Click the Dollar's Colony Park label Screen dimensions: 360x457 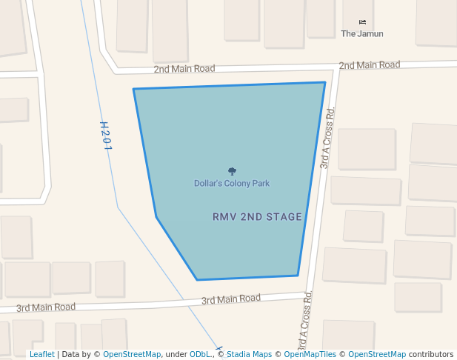[232, 183]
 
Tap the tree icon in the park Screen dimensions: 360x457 [232, 171]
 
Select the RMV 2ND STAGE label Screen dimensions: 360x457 [257, 217]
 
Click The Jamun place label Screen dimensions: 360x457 [361, 33]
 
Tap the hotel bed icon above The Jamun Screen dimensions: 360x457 [362, 21]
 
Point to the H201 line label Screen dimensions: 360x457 [106, 136]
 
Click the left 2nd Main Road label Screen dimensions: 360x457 [184, 69]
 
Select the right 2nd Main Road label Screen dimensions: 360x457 [369, 65]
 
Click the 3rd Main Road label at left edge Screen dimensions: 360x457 [46, 307]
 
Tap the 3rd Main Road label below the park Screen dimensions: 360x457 [231, 299]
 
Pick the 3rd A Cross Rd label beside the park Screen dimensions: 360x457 [327, 138]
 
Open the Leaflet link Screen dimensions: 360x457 [41, 354]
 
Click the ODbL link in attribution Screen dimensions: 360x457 [201, 354]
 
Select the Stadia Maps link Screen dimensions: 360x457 [249, 354]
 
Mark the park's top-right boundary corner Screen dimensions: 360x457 [325, 82]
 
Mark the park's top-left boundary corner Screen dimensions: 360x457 [133, 89]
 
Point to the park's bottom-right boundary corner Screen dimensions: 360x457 [298, 276]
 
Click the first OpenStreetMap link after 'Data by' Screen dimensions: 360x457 [132, 354]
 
